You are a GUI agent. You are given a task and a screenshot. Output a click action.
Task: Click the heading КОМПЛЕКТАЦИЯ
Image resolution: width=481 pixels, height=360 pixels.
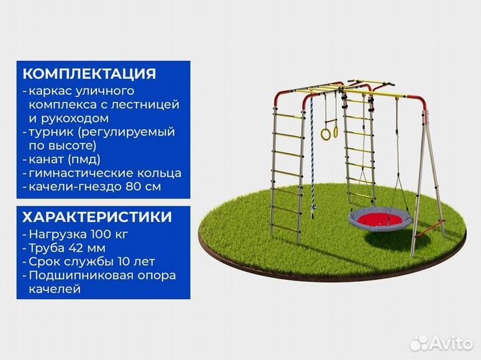coord(89,73)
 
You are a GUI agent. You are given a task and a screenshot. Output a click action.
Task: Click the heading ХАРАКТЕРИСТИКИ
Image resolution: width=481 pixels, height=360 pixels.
coord(97,217)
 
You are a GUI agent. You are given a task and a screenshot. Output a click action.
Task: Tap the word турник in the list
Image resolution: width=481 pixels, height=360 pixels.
coord(51,132)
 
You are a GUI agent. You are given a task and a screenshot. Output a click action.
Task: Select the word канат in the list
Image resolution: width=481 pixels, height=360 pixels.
coord(47,159)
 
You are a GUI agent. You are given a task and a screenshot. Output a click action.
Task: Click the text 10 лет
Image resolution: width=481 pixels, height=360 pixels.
coord(136,262)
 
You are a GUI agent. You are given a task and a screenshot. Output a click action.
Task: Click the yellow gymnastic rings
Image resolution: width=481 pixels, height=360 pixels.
coord(327,132)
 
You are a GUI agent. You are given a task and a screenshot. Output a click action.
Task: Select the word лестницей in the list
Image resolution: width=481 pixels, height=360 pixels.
coord(151,104)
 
